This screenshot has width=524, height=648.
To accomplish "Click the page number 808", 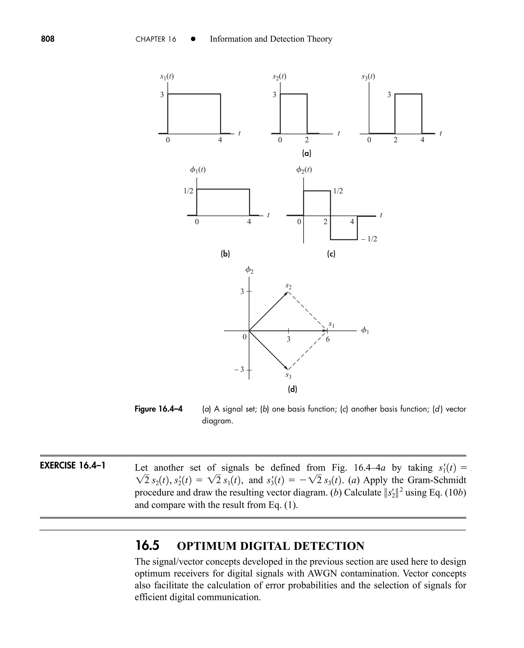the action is (x=48, y=39).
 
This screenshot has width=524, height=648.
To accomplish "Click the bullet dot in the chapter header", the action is (x=193, y=39).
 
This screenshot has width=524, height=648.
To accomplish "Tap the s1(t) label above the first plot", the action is (x=167, y=77).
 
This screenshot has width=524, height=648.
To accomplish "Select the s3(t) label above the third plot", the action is (x=368, y=77).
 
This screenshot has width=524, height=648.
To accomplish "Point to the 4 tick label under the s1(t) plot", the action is (x=220, y=140).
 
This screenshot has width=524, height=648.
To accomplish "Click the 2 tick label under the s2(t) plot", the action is (x=307, y=140).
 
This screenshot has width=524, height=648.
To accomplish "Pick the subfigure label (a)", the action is (x=306, y=153).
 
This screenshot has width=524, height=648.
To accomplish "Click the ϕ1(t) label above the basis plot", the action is (x=198, y=170).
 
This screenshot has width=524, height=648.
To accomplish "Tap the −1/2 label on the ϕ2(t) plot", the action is (x=369, y=239).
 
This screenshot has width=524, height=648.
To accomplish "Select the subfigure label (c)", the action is (x=331, y=254).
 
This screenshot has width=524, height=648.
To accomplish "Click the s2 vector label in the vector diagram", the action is (x=289, y=286).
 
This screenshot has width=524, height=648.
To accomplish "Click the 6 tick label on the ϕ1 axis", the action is (x=328, y=339).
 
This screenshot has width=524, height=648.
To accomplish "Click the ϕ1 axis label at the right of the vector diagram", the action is (x=365, y=331).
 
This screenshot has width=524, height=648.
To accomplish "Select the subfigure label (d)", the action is (x=292, y=389).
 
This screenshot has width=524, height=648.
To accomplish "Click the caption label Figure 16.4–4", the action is (x=158, y=409).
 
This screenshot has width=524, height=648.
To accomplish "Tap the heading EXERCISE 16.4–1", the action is (x=72, y=465).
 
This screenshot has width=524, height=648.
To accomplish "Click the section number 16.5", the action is (x=147, y=546).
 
